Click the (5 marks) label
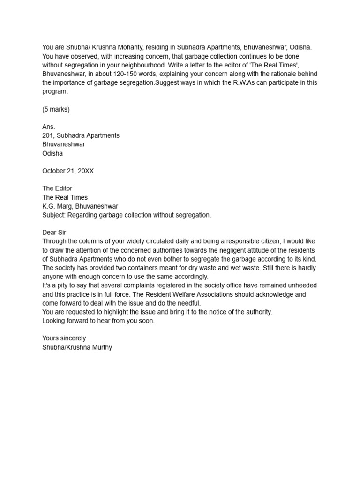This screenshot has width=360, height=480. (x=56, y=109)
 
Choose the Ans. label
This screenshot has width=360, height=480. (x=49, y=127)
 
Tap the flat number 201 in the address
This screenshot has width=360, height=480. (x=47, y=135)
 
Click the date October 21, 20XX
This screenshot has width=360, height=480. (x=68, y=171)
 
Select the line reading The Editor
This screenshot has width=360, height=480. (x=57, y=188)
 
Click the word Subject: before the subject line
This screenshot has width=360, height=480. (x=54, y=215)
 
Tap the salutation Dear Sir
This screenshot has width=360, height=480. (x=54, y=232)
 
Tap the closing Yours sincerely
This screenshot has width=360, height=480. (x=64, y=338)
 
